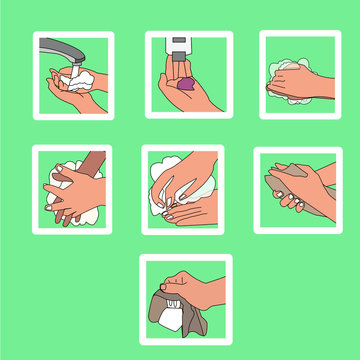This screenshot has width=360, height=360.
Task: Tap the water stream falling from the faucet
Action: coord(71,68)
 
